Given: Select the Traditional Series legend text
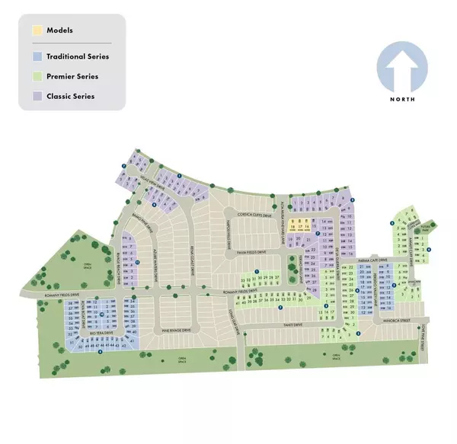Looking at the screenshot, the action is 77,56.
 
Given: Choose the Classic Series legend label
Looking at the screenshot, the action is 72,97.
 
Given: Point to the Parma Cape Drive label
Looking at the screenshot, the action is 375,260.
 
